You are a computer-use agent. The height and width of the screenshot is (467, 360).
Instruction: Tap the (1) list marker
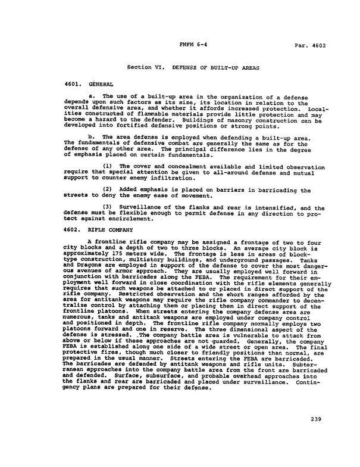click(x=109, y=165)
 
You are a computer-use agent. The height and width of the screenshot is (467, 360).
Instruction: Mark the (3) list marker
click(x=109, y=208)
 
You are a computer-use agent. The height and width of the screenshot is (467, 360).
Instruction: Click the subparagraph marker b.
click(x=90, y=136)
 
